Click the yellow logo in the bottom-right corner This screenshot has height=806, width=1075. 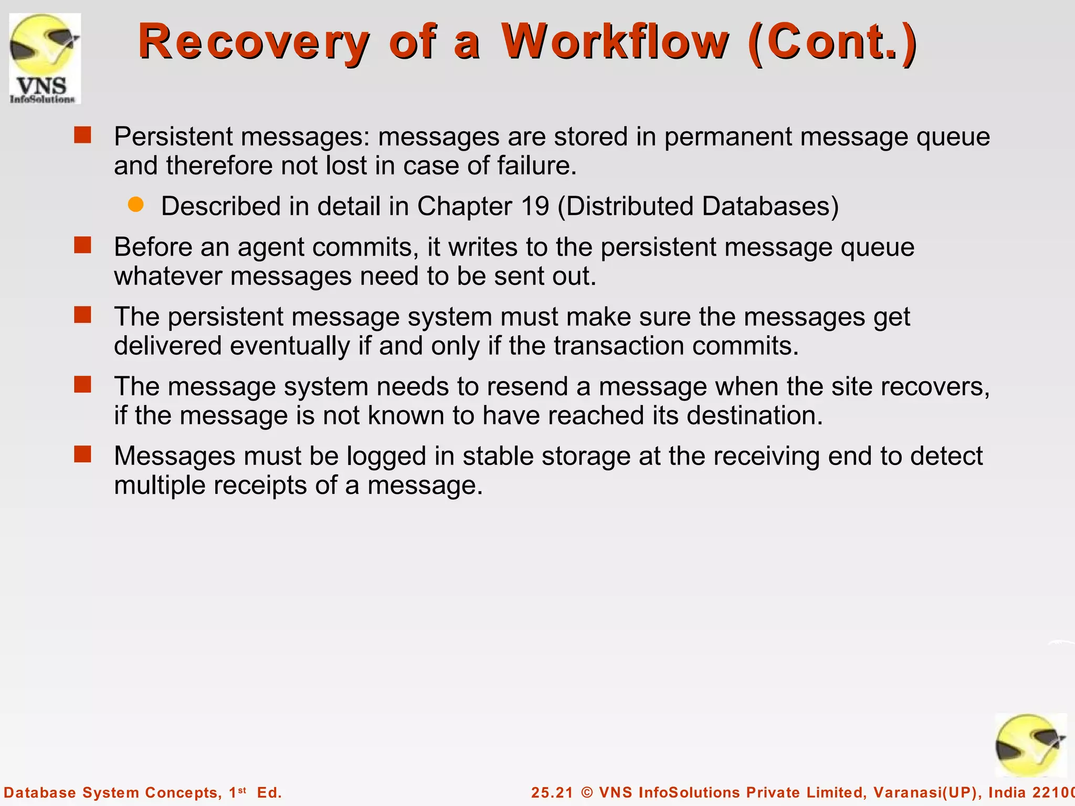coord(1030,746)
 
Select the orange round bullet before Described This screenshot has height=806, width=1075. coord(136,205)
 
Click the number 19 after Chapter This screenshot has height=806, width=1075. coord(535,206)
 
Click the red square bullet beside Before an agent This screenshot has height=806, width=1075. coord(82,245)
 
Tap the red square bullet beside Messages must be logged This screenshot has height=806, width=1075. coord(82,454)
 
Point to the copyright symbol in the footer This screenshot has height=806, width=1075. coord(587,792)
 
